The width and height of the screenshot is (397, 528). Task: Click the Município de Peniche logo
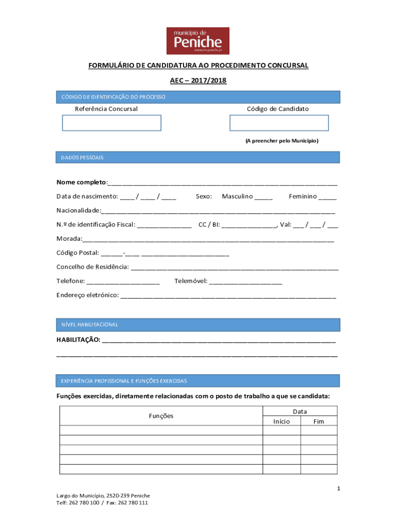pyautogui.click(x=198, y=40)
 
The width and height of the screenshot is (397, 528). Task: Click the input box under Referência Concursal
pyautogui.click(x=111, y=123)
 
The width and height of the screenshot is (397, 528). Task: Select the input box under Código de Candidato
pyautogui.click(x=278, y=123)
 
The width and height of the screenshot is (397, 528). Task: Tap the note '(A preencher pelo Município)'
pyautogui.click(x=282, y=141)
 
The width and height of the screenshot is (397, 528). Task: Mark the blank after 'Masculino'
pyautogui.click(x=263, y=196)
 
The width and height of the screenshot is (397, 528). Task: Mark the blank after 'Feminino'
pyautogui.click(x=327, y=196)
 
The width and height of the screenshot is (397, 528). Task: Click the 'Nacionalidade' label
pyautogui.click(x=78, y=210)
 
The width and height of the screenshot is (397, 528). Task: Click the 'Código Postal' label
pyautogui.click(x=77, y=253)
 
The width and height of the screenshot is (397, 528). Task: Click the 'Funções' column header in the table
pyautogui.click(x=161, y=416)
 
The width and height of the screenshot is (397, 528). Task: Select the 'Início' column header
pyautogui.click(x=282, y=421)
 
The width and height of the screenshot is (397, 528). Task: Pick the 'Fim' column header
pyautogui.click(x=319, y=421)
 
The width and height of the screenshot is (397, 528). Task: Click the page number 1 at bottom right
pyautogui.click(x=338, y=488)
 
